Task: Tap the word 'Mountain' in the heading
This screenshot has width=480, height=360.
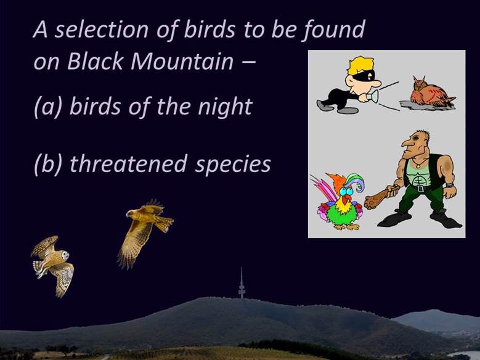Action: click(182, 61)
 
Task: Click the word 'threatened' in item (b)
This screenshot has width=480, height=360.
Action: click(129, 163)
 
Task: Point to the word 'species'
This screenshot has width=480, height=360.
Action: click(233, 165)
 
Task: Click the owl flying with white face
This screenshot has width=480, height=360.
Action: click(52, 264)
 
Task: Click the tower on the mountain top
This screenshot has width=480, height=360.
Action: click(242, 283)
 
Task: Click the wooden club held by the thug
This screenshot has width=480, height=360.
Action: click(380, 197)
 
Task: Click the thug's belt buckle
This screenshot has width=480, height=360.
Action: click(420, 187)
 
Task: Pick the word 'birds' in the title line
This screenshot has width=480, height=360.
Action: click(209, 30)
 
